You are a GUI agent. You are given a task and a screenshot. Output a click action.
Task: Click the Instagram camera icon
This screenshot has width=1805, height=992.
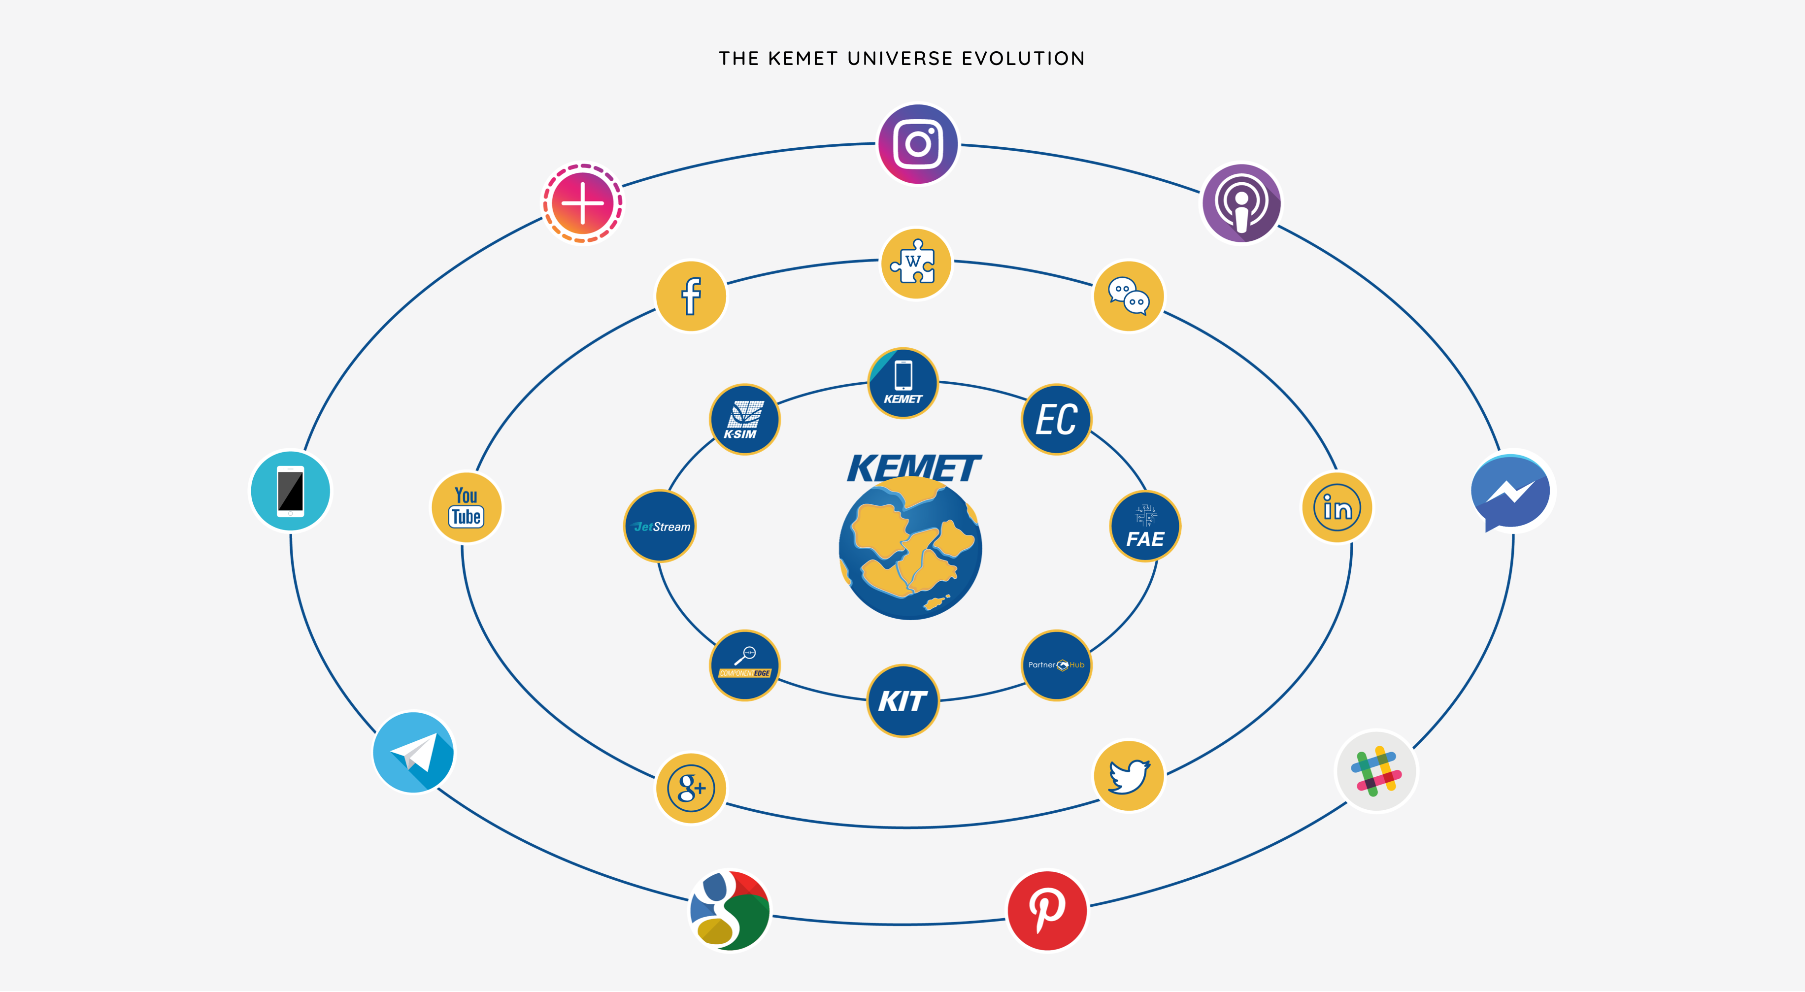pos(918,144)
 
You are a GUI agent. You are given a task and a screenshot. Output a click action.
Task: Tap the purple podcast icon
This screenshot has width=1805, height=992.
pos(1241,203)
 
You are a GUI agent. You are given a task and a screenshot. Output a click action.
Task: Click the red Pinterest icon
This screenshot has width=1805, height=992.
pos(1047,911)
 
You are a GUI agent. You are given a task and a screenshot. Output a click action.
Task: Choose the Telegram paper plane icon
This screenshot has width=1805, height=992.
pos(413,753)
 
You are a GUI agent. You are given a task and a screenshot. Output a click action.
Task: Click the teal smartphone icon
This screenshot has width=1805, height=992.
pos(290,491)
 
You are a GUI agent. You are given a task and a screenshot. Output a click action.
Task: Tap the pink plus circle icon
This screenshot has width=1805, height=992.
pos(582,203)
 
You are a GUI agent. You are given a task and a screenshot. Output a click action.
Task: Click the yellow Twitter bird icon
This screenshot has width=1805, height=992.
pos(1129,776)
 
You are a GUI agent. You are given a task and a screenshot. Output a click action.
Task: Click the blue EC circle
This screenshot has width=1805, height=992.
pos(1056,420)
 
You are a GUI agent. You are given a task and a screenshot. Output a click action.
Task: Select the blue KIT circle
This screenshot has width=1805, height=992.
pos(902,700)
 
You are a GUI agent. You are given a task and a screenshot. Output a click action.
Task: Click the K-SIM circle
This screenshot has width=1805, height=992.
pos(744,420)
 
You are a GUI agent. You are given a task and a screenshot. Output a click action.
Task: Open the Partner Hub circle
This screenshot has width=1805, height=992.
pos(1056,665)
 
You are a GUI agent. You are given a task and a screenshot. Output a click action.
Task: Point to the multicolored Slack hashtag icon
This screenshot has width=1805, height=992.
pos(1376,771)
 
